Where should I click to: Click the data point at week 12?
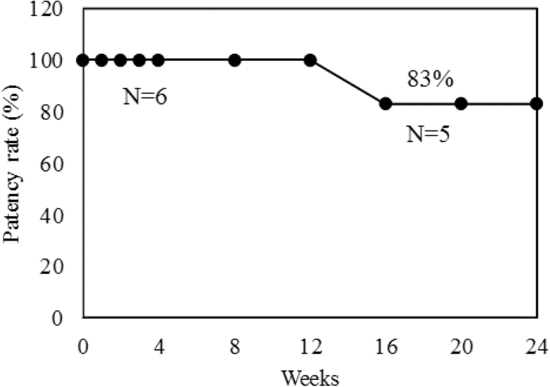pos(310,60)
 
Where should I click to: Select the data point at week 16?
pos(385,104)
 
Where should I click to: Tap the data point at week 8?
pos(234,60)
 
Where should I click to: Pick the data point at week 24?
pos(536,104)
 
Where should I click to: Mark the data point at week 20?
pos(461,104)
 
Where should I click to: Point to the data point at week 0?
pos(83,60)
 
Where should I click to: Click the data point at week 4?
pos(158,60)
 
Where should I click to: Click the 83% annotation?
pos(430,79)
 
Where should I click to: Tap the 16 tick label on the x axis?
pos(385,346)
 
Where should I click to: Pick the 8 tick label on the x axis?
pos(234,346)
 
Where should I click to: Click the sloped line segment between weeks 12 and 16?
pos(348,82)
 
